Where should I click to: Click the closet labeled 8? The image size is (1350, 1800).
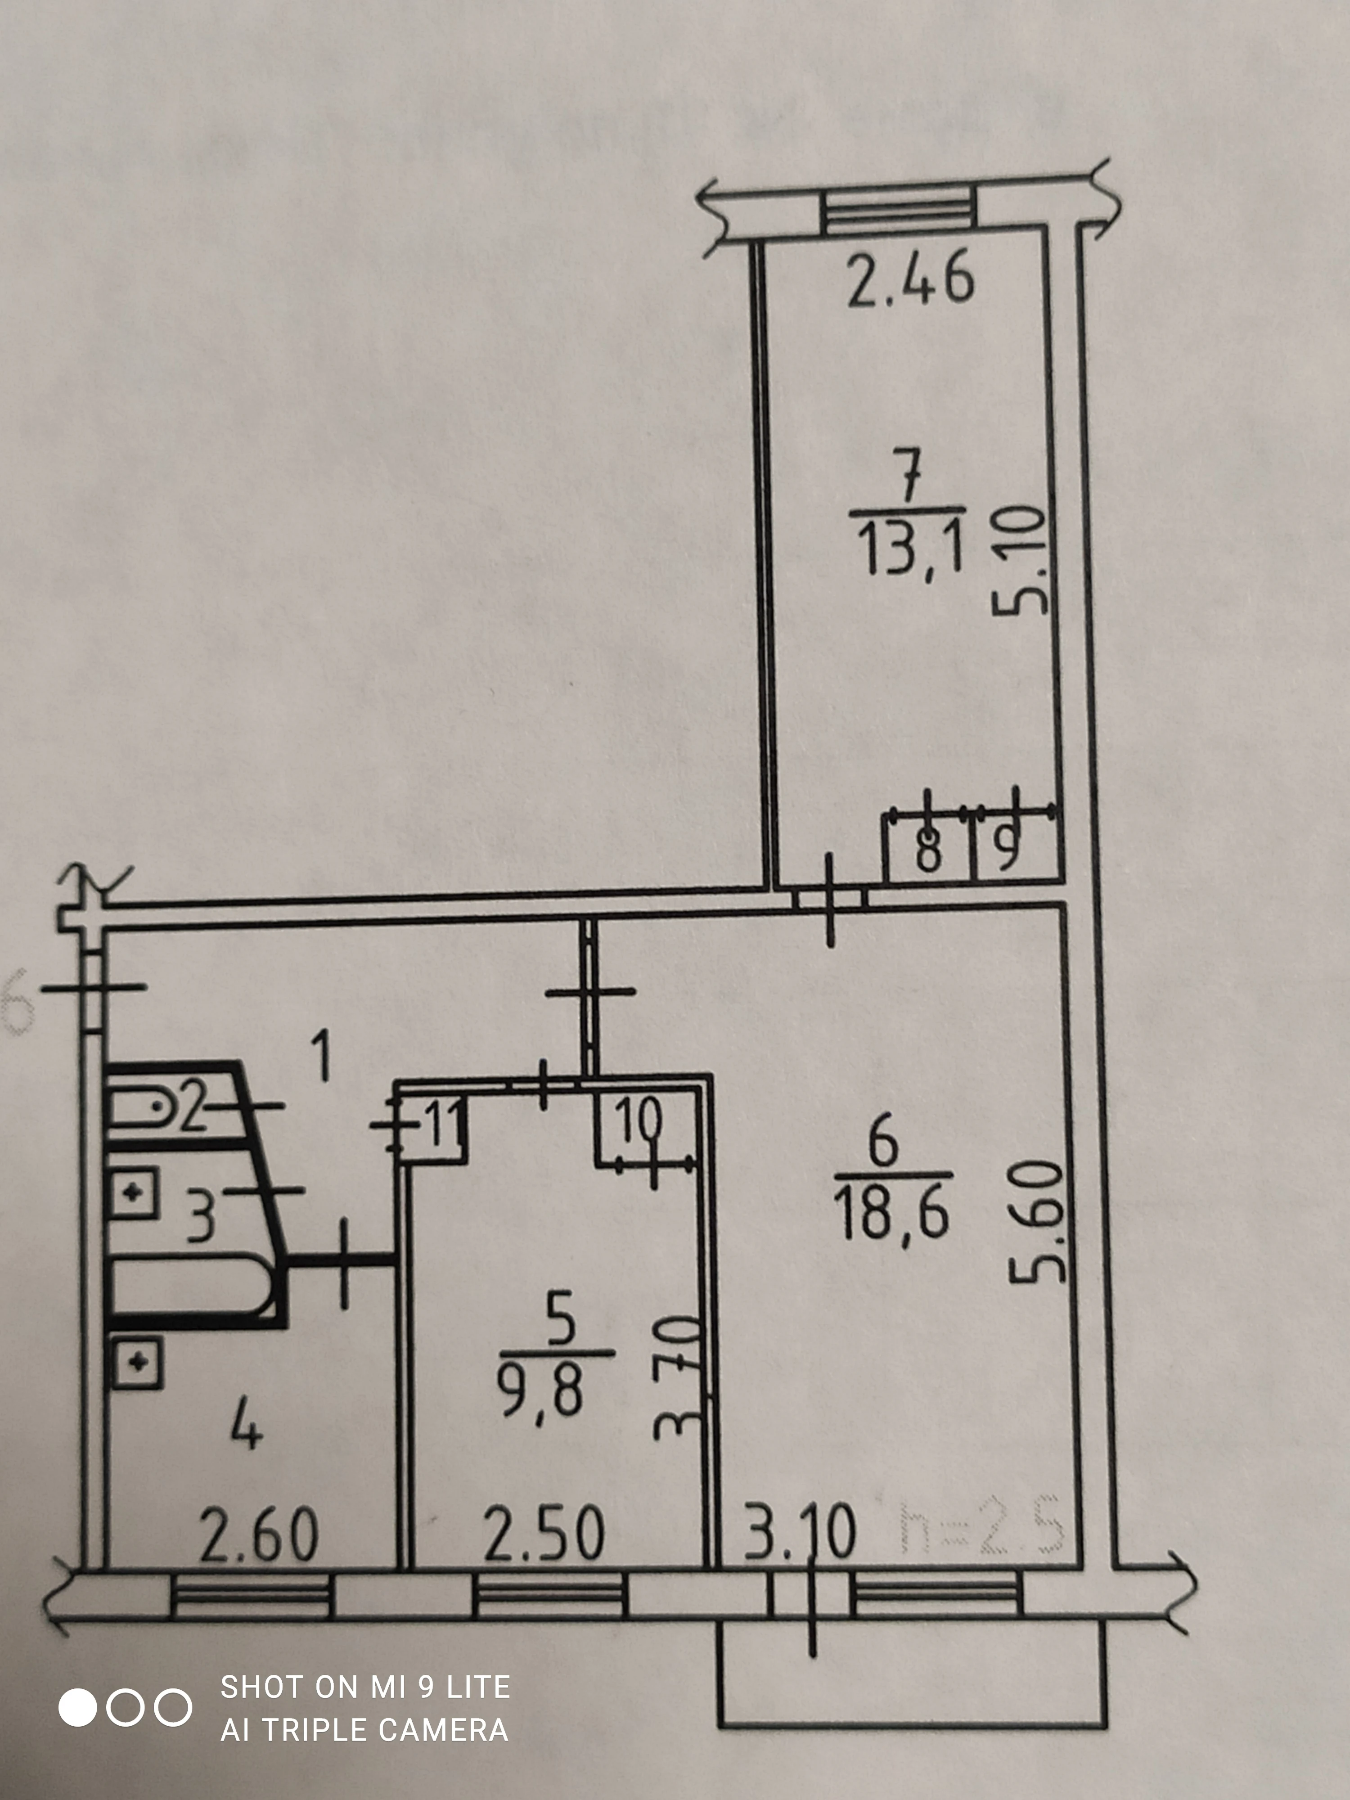click(x=927, y=848)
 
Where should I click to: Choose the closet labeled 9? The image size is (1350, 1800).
click(x=1009, y=848)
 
